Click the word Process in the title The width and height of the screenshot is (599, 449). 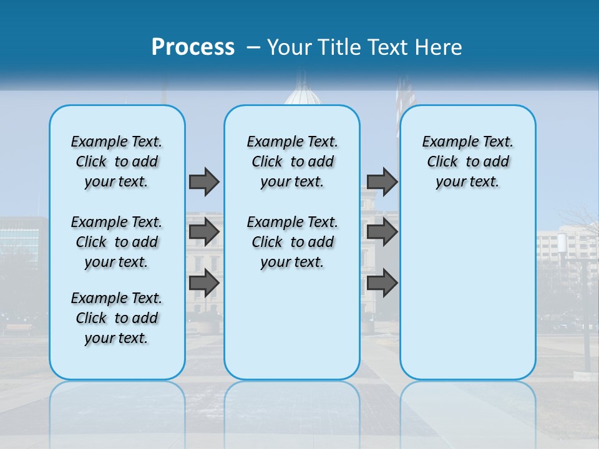pos(193,47)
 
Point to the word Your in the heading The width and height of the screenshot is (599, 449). pos(290,47)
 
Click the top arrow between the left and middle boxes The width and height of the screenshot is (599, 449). pos(204,181)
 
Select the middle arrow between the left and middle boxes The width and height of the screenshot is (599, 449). pos(204,232)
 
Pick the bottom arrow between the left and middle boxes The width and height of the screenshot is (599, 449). pos(204,282)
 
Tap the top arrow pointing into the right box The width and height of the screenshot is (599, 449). pos(382,181)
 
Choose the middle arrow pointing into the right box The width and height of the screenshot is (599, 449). pos(382,232)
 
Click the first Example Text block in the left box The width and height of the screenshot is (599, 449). pos(117,162)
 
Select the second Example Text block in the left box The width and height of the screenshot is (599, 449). pos(117,242)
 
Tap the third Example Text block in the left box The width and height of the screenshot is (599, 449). pos(117,318)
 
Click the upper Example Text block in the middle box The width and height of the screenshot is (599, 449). pos(292,162)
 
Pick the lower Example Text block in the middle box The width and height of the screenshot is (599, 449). pos(292,242)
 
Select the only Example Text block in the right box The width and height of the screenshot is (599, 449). pos(467,162)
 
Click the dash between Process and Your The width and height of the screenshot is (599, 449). pos(253,48)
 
